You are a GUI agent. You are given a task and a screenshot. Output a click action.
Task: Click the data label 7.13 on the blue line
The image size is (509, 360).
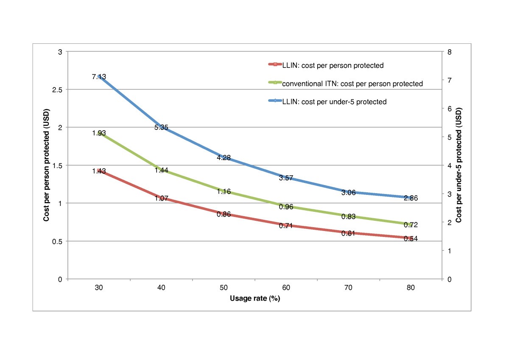99,77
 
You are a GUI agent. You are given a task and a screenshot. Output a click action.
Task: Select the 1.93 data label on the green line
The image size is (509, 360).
99,133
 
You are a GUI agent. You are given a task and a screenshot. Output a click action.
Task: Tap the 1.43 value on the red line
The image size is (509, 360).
99,171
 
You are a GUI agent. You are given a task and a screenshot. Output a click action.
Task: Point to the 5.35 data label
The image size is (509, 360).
161,127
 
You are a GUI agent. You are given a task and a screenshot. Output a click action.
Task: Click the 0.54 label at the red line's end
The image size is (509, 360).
411,239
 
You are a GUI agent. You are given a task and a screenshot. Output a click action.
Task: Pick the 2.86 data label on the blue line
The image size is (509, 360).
411,198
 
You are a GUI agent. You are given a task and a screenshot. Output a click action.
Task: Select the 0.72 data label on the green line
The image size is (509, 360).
411,225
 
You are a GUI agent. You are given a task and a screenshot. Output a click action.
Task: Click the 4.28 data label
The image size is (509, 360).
224,157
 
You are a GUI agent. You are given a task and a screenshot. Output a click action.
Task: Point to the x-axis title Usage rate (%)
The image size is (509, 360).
255,298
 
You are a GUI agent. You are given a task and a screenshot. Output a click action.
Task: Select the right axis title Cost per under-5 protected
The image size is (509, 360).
459,166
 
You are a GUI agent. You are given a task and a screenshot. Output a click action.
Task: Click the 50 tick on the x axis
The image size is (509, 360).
224,287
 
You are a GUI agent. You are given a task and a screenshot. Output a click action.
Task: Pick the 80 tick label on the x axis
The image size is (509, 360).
411,287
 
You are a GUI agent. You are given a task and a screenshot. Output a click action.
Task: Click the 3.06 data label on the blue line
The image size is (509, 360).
349,193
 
